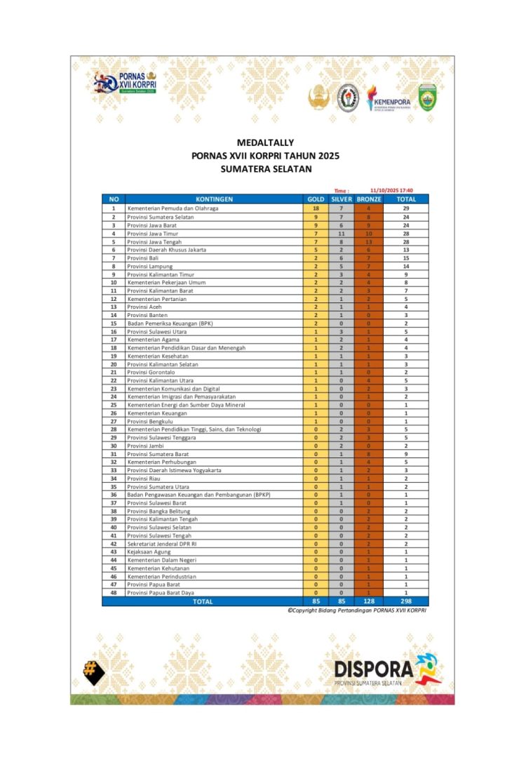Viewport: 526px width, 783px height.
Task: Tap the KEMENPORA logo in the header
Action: (x=389, y=100)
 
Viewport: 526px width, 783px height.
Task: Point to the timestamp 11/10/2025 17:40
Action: (x=391, y=190)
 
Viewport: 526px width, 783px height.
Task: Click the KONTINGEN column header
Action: (x=214, y=199)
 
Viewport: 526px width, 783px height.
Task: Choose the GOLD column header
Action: (x=316, y=199)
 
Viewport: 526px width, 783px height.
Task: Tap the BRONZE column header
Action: (x=369, y=199)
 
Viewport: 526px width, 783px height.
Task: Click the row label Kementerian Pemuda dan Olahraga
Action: (x=173, y=208)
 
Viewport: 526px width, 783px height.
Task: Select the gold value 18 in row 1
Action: (x=316, y=208)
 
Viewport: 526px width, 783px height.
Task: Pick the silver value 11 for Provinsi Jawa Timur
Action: (x=342, y=233)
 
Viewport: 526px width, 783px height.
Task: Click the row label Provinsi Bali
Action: (x=144, y=257)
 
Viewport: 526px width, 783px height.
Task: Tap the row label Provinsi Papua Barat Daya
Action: (x=161, y=593)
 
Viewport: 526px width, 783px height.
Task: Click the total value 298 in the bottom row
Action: (x=406, y=601)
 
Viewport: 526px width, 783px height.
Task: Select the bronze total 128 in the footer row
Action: (x=369, y=601)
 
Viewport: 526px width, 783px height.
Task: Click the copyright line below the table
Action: (x=356, y=610)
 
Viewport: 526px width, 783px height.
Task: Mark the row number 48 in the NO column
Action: (x=113, y=593)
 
